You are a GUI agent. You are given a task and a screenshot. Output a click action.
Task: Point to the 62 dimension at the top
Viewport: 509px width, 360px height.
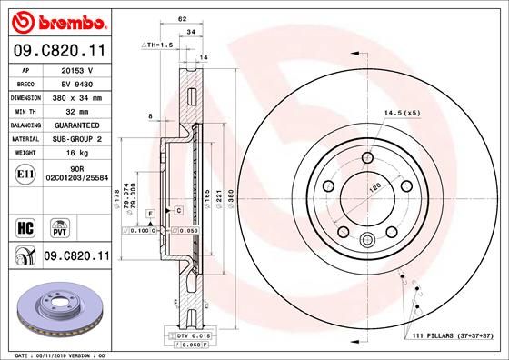[182, 17]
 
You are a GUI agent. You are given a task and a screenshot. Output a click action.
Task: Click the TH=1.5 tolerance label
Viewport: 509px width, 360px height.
[156, 45]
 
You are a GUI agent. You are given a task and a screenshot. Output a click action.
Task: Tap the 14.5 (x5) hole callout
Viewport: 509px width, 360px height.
[400, 112]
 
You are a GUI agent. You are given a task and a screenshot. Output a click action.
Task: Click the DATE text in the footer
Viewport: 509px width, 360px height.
[18, 355]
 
